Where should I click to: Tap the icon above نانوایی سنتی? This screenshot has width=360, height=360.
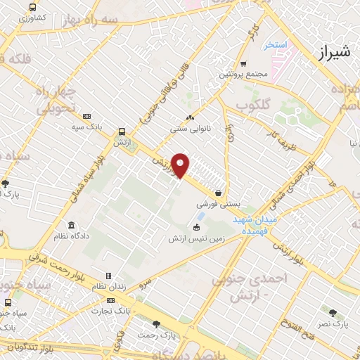(x=189, y=118)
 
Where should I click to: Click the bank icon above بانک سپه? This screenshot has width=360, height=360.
(x=86, y=117)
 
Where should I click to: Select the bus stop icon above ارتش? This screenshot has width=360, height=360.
(x=122, y=131)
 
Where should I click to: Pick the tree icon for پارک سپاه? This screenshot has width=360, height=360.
(x=6, y=184)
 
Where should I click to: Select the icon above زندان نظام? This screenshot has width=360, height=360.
(x=108, y=276)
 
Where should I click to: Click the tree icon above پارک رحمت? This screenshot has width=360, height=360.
(x=155, y=324)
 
